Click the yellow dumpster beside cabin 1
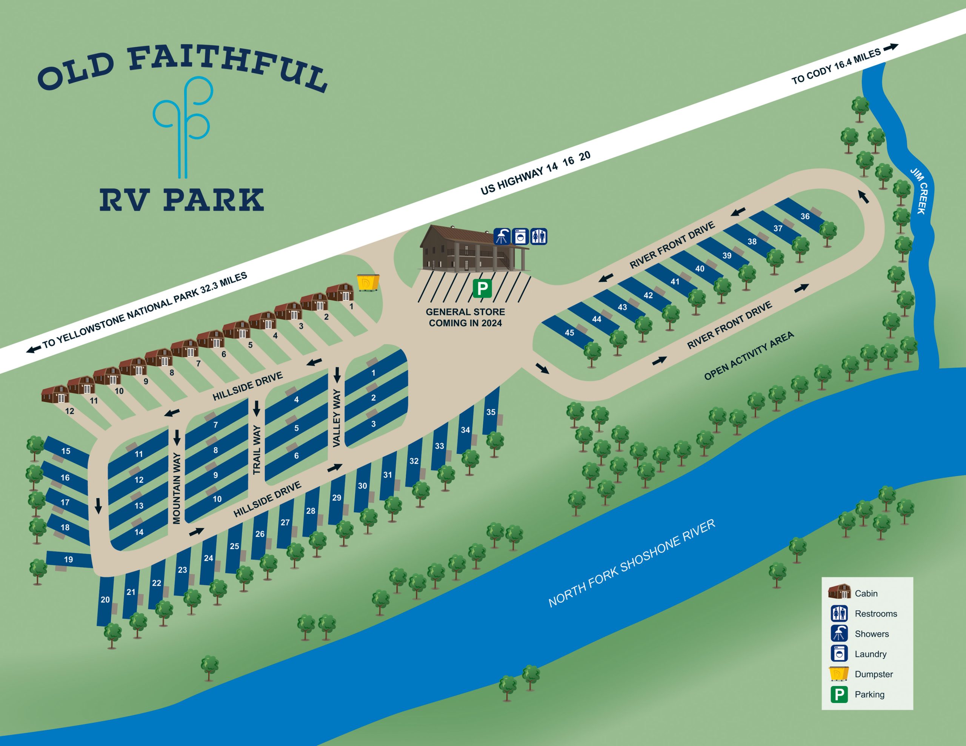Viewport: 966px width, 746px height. [368, 282]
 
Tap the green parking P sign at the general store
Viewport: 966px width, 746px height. [482, 288]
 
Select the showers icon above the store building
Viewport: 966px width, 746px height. [501, 236]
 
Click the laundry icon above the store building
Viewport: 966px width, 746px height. [520, 236]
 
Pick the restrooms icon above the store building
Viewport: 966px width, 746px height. [539, 236]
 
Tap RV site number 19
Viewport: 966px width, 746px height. [69, 559]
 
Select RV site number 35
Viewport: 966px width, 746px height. [491, 412]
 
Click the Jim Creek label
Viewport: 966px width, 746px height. [919, 191]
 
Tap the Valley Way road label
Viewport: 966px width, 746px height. [337, 418]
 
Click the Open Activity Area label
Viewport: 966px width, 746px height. [749, 356]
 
